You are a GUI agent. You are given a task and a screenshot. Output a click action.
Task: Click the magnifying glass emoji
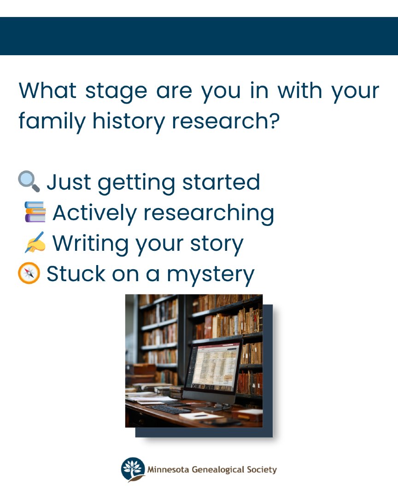coord(29,182)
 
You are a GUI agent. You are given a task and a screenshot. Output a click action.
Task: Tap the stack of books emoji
coord(35,212)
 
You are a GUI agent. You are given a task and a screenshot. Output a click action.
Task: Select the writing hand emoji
coord(35,243)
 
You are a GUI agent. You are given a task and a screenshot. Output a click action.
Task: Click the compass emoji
coord(29,273)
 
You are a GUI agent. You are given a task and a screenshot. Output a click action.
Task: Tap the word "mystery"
coord(211,275)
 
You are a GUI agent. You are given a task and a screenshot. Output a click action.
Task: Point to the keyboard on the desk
coord(170,408)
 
